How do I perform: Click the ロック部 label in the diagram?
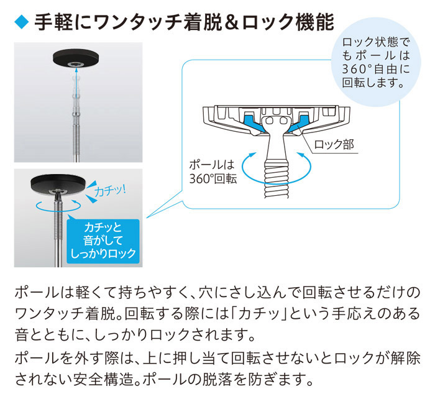(334, 145)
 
